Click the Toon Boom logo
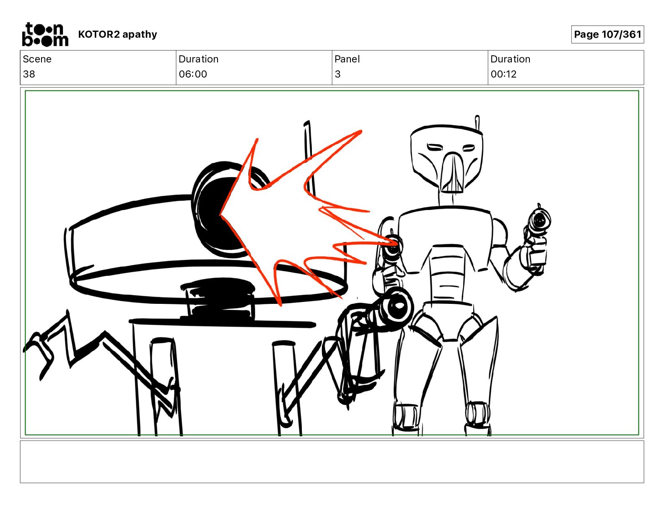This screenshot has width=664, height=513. pyautogui.click(x=45, y=34)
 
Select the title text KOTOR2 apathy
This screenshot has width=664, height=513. pyautogui.click(x=117, y=34)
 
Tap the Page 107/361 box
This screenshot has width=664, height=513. pyautogui.click(x=607, y=34)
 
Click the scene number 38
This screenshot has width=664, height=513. pyautogui.click(x=29, y=74)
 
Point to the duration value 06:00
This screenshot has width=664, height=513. pyautogui.click(x=193, y=74)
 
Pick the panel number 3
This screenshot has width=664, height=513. pyautogui.click(x=337, y=74)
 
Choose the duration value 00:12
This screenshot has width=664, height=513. pyautogui.click(x=503, y=74)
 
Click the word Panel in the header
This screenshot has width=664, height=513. pyautogui.click(x=347, y=59)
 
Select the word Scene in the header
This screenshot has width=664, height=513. pyautogui.click(x=37, y=59)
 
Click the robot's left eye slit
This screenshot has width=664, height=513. pyautogui.click(x=435, y=148)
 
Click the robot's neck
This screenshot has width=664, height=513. pyautogui.click(x=446, y=199)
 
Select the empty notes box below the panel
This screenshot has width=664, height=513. pyautogui.click(x=332, y=462)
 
